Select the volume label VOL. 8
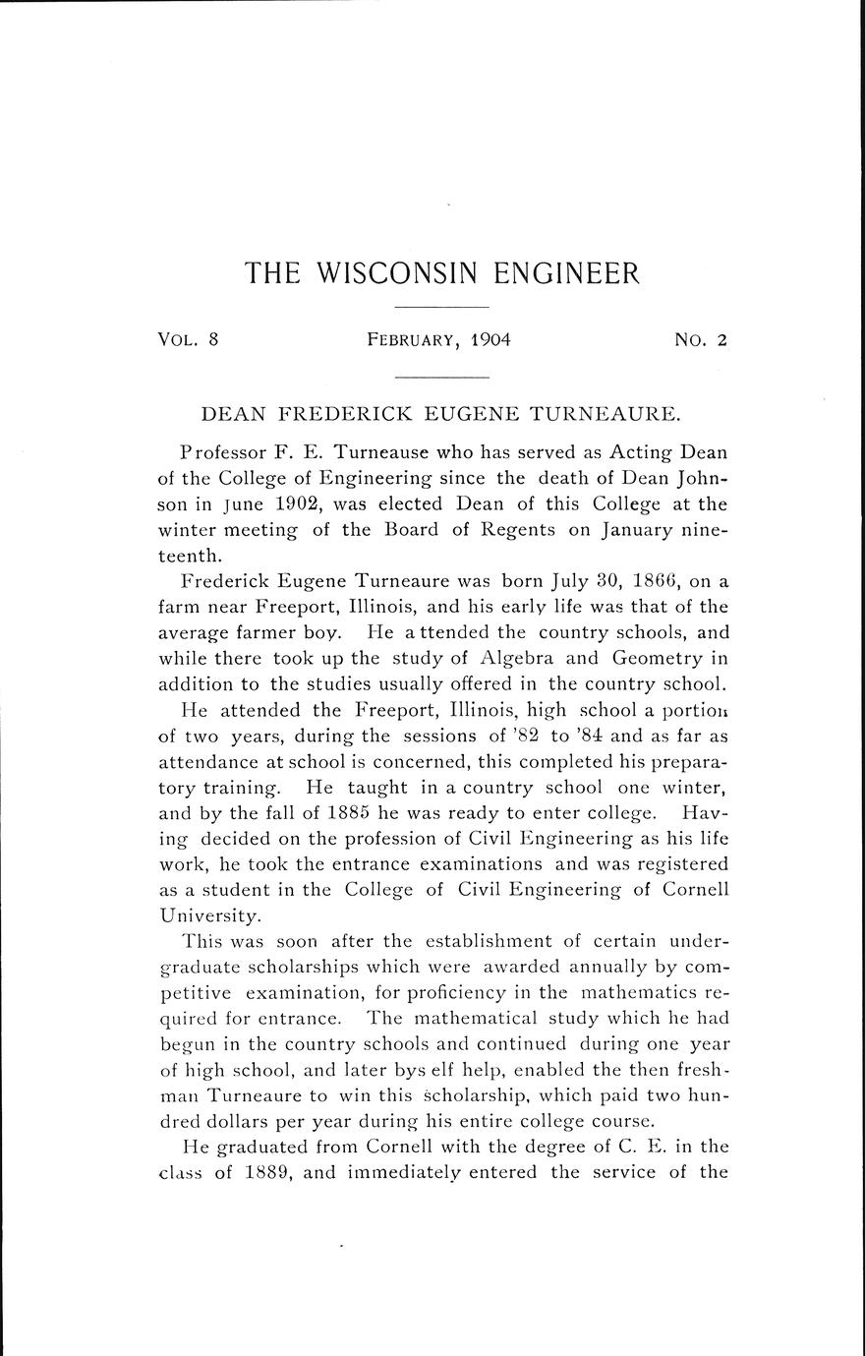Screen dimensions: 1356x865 187,340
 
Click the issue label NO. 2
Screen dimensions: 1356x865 700,340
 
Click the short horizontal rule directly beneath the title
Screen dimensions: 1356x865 441,309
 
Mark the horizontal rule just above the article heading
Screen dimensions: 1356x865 441,377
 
